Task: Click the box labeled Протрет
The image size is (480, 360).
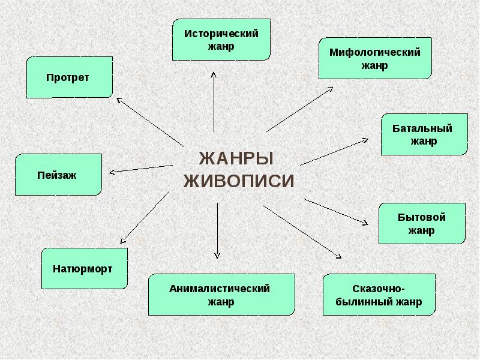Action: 70,77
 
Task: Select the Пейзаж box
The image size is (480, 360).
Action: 58,175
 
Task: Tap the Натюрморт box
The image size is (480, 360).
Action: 85,268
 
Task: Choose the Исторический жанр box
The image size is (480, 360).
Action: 221,39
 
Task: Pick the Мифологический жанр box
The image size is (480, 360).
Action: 374,58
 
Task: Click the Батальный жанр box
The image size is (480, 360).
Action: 424,134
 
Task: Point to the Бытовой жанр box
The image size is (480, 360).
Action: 421,223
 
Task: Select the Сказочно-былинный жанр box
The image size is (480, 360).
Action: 379,295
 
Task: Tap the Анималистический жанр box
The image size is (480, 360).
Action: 221,295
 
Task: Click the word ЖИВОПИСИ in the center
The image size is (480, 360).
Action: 238,181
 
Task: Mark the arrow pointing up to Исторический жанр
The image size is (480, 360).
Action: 214,102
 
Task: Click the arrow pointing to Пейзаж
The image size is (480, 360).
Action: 141,169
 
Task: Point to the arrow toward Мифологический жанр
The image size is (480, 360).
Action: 300,109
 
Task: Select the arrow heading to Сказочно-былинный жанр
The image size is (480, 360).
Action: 303,232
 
